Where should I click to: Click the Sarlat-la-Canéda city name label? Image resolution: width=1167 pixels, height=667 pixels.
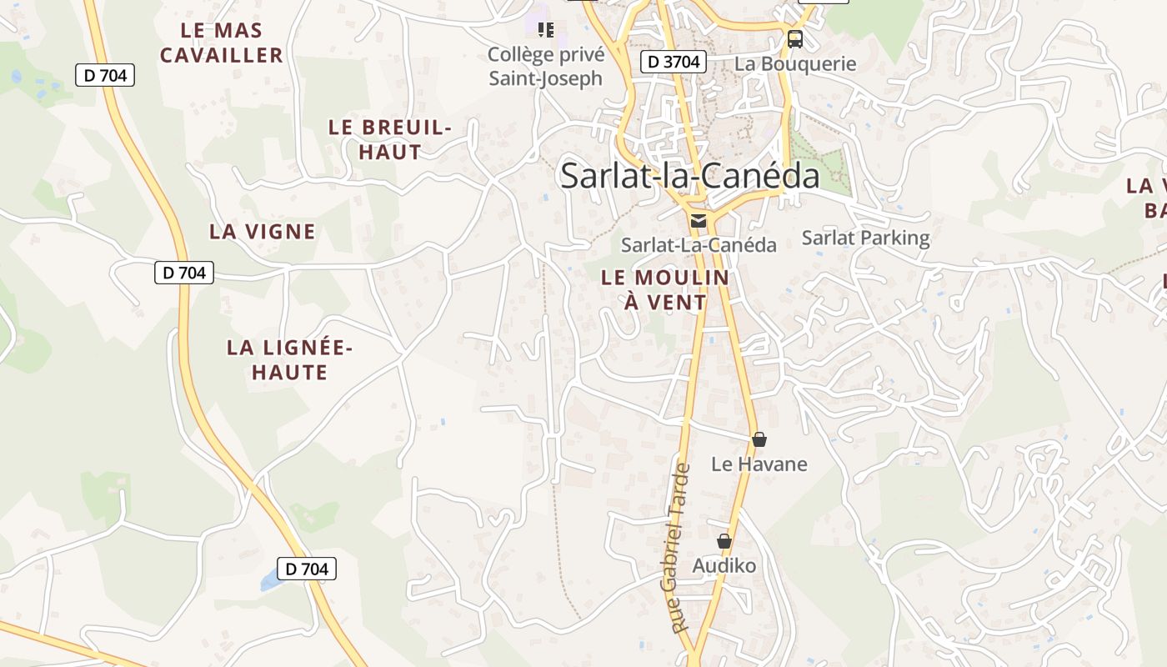[x=689, y=176]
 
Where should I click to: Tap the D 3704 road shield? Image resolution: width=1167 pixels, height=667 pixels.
[x=674, y=61]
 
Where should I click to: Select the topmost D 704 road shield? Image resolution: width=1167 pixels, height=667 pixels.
[x=105, y=75]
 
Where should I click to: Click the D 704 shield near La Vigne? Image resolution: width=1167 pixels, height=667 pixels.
[x=184, y=272]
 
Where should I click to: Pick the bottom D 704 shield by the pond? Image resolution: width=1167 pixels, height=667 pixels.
[x=306, y=569]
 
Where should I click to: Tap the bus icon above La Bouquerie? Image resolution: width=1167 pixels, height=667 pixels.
[x=795, y=38]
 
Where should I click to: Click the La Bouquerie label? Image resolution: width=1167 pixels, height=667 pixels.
[x=794, y=63]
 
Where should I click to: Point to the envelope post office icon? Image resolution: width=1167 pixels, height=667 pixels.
[x=698, y=221]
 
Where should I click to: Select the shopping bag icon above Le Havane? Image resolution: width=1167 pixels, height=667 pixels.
[x=759, y=439]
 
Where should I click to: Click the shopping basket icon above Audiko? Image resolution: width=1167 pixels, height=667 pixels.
[x=724, y=542]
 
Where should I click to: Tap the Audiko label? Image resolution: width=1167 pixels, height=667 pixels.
[x=724, y=566]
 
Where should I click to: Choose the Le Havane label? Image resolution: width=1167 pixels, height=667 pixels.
[x=759, y=464]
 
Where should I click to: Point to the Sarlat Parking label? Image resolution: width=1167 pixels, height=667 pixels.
[x=865, y=238]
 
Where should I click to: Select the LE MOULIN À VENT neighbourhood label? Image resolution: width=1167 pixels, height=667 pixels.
[x=665, y=289]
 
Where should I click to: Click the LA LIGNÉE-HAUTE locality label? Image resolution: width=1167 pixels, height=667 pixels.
[x=289, y=359]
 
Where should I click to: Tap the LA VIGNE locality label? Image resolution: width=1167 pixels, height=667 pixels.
[x=262, y=232]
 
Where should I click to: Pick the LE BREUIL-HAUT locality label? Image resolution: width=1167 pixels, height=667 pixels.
[x=389, y=139]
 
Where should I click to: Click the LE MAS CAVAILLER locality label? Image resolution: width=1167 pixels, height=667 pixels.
[x=222, y=43]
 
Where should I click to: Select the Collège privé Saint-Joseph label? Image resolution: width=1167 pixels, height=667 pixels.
[x=544, y=66]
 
